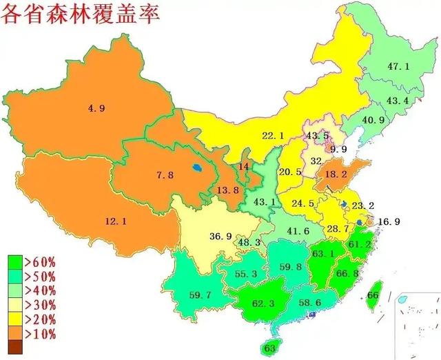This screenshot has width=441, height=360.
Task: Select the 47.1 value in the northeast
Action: point(398,66)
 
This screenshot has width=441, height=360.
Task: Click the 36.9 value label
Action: point(220,237)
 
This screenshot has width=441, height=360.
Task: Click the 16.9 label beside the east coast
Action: point(389,221)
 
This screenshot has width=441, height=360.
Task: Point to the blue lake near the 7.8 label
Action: point(198,167)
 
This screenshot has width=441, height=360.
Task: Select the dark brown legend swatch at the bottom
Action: point(15,348)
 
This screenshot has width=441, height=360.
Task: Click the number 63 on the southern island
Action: point(270,347)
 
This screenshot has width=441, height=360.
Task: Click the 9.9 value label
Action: point(338,149)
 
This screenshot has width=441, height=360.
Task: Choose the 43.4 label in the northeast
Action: point(398,101)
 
